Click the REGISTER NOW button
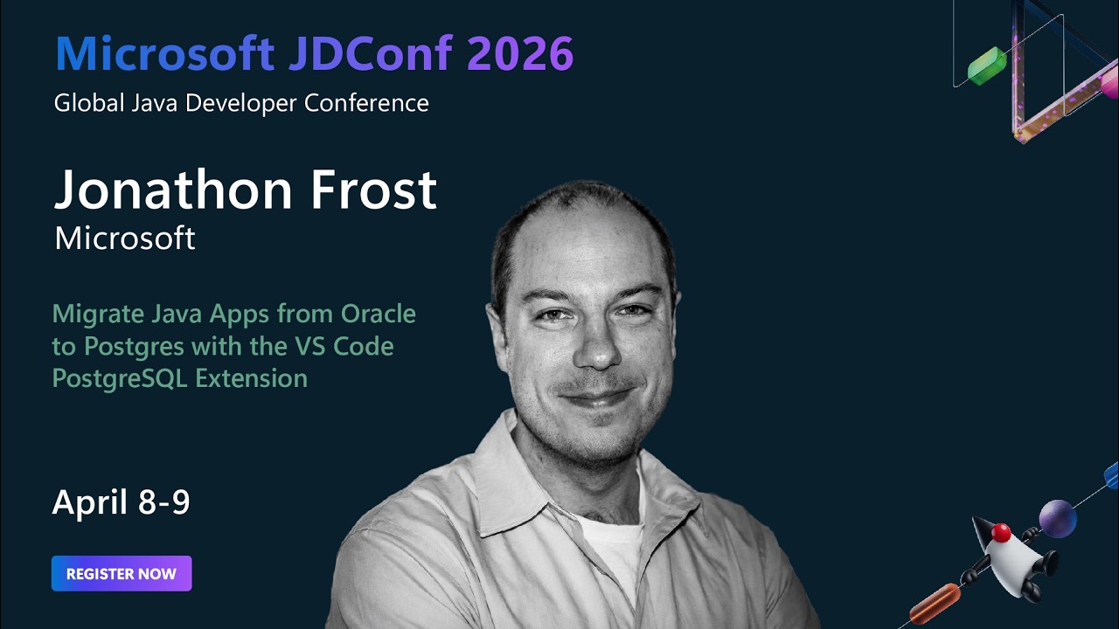tap(122, 574)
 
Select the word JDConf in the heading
tap(371, 54)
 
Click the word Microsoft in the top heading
tap(164, 54)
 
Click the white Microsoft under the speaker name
tap(125, 238)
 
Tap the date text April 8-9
tap(121, 502)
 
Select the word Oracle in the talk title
tap(379, 313)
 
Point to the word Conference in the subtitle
tap(366, 103)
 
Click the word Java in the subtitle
tap(156, 103)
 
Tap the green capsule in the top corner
tap(987, 66)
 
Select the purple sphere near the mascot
tap(1057, 518)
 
